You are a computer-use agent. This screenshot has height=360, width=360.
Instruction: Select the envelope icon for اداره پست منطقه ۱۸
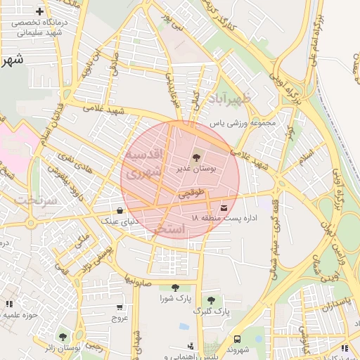pos(224,207)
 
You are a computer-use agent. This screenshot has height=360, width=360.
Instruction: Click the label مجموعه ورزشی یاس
pos(244,124)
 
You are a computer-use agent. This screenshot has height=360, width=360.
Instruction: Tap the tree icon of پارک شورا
pos(174,288)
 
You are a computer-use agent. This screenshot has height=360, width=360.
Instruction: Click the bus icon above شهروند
pos(236,338)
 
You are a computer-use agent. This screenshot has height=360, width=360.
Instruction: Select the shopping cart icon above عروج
pos(119,307)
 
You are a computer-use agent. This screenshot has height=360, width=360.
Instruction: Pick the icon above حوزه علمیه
pos(9,304)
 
